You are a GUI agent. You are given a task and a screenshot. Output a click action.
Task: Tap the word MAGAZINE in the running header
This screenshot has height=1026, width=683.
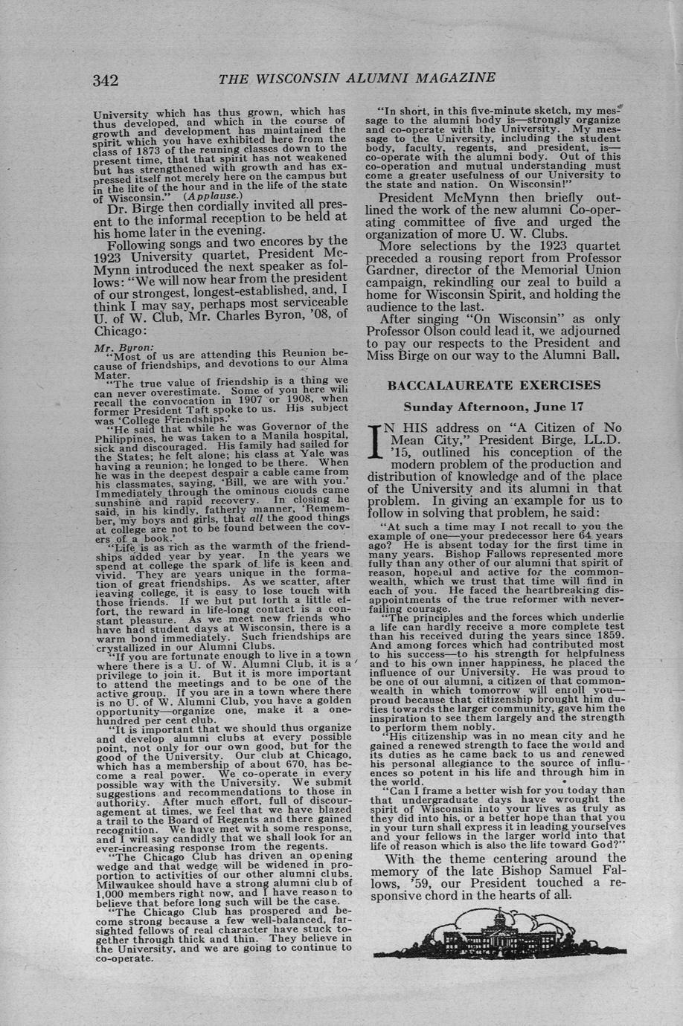click(x=455, y=78)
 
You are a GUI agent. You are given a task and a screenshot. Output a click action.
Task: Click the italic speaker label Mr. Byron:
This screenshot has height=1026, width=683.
click(x=114, y=346)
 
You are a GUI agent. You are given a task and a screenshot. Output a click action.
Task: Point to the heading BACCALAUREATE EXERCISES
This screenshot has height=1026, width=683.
click(x=494, y=385)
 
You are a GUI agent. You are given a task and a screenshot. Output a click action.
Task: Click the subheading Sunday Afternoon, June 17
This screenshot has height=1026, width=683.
click(x=493, y=407)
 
